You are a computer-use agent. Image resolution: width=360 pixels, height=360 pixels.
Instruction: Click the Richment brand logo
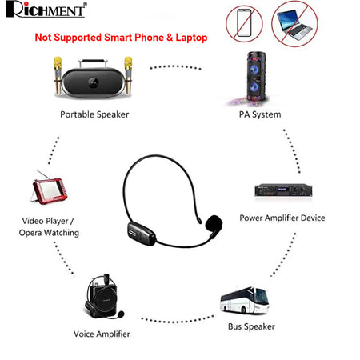[46, 10]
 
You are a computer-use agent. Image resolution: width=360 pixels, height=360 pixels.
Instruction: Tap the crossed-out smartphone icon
[244, 24]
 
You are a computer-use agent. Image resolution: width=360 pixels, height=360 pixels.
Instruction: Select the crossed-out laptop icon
[294, 24]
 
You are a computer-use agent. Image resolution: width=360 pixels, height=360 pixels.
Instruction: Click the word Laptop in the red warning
[191, 38]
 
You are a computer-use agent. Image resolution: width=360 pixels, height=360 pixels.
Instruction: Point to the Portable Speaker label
[94, 114]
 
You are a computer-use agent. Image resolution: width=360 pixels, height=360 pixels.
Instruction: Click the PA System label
[260, 114]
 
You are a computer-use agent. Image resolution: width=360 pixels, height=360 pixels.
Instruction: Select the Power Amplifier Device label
[282, 218]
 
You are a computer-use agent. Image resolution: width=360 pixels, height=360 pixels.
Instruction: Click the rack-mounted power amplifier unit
[283, 190]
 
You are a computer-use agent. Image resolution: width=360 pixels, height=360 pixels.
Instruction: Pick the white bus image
[245, 300]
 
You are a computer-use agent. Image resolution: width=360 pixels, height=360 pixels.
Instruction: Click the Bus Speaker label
[251, 326]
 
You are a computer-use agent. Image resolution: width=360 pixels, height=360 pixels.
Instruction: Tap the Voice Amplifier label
[102, 334]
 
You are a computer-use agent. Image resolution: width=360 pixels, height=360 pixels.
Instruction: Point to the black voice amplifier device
[104, 296]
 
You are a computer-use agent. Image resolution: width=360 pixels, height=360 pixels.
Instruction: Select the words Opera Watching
[49, 233]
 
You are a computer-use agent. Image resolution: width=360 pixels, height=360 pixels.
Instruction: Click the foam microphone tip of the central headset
[214, 222]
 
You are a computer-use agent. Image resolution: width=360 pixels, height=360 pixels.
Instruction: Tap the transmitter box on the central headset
[141, 233]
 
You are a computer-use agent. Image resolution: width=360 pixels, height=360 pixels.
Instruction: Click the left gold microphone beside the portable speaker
[58, 75]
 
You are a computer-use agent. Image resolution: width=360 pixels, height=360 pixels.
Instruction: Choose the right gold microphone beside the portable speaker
[128, 75]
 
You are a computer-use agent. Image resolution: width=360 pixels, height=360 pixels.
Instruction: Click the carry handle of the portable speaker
[93, 63]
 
